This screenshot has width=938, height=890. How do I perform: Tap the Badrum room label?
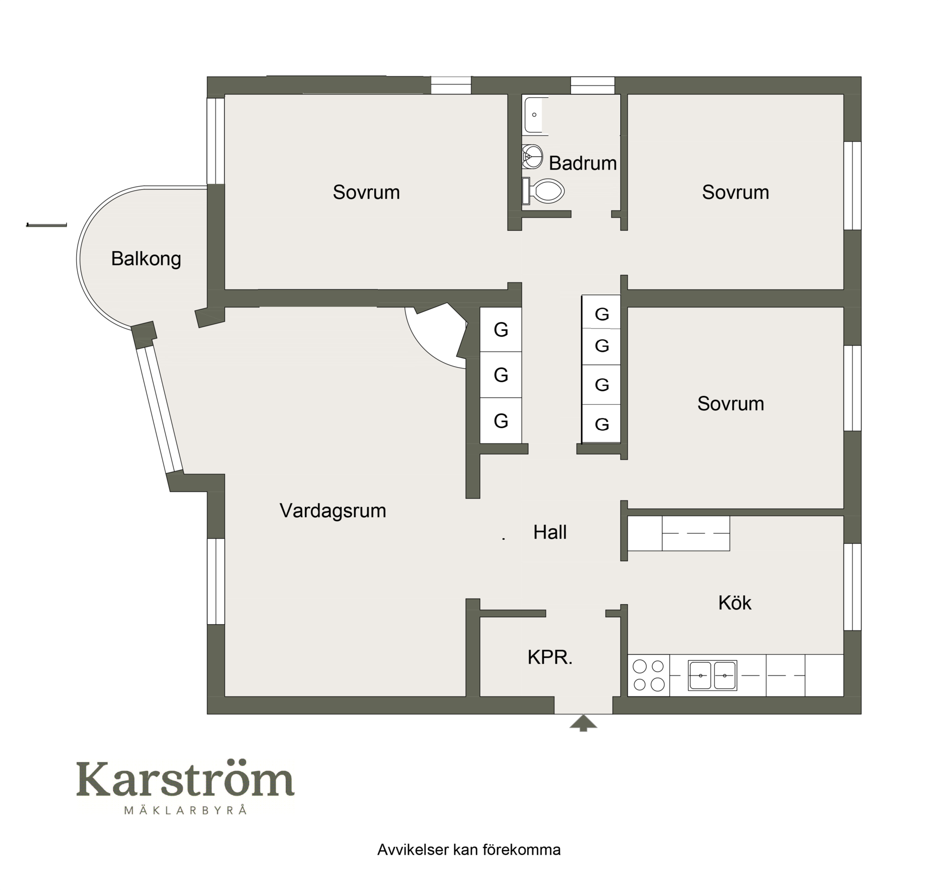tap(582, 163)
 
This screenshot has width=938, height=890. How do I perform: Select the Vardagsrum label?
tap(333, 511)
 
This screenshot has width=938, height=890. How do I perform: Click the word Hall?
tap(550, 532)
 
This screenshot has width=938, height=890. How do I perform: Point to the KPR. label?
tap(550, 657)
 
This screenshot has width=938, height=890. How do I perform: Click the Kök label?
tap(735, 603)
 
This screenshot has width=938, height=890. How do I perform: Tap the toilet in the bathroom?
tap(543, 191)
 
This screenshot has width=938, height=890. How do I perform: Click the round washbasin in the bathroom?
tap(532, 156)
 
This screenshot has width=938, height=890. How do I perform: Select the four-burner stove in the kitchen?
tap(649, 675)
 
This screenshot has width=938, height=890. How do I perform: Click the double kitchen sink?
tap(712, 675)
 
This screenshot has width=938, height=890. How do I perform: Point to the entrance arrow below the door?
tap(583, 723)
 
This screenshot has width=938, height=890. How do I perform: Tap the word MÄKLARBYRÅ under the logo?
tap(185, 810)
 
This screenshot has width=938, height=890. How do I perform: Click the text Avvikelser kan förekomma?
tap(469, 850)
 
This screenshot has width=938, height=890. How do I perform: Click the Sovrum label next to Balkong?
tap(366, 193)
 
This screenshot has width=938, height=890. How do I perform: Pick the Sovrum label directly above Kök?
tap(730, 404)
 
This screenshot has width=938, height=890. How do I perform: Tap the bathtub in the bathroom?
tap(535, 115)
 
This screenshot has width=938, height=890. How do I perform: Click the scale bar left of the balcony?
tap(46, 225)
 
